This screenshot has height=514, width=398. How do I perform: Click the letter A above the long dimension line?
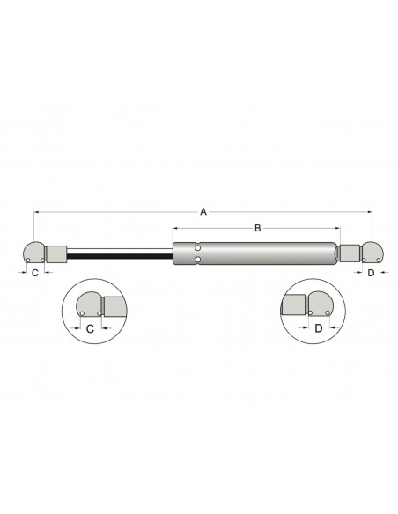tap(203, 211)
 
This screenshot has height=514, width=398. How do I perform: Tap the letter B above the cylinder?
tap(256, 228)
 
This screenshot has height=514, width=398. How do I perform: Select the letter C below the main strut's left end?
tap(34, 274)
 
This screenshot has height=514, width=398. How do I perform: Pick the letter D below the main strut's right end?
tap(371, 274)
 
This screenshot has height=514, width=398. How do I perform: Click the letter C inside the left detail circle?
tap(92, 328)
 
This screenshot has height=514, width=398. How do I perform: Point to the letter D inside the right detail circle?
tap(318, 328)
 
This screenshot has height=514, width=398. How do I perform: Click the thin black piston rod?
tap(120, 255)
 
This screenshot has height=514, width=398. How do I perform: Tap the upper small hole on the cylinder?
tap(198, 247)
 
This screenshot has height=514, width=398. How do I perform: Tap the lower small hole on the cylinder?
tap(198, 260)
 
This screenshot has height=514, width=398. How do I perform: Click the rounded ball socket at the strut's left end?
tap(34, 253)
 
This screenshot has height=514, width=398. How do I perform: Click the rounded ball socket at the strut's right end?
tap(371, 253)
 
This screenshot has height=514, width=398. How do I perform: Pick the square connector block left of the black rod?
tap(56, 253)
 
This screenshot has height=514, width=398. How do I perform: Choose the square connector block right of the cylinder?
tap(350, 253)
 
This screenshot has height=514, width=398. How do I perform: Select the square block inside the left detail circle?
tap(114, 306)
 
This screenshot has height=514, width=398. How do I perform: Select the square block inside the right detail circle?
tap(293, 306)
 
